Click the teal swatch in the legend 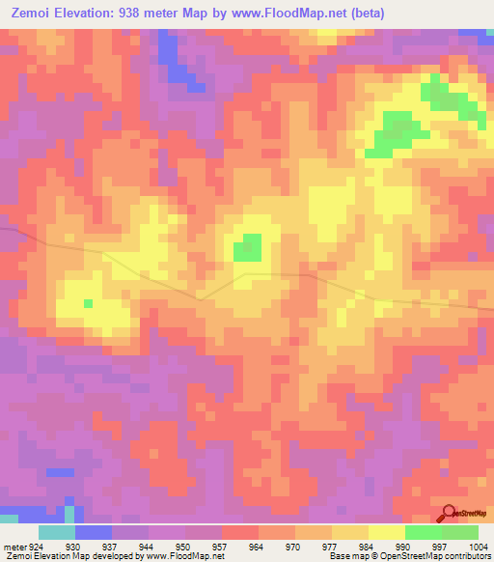(x=57, y=532)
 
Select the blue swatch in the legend (x=94, y=532)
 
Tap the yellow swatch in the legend (x=387, y=532)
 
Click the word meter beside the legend (x=13, y=546)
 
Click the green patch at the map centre (x=248, y=248)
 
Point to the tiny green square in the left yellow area (x=88, y=303)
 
